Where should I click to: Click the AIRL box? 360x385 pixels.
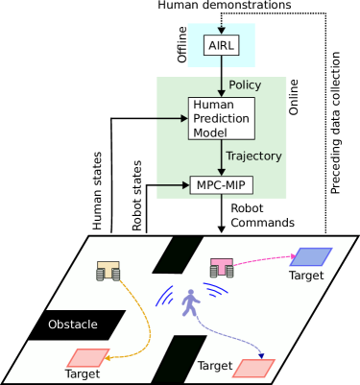click(x=221, y=45)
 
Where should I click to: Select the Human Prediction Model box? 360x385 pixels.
click(x=221, y=118)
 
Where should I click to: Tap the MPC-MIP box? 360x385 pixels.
click(x=221, y=184)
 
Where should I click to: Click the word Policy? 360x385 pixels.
click(x=245, y=85)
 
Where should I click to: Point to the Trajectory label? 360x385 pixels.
click(x=253, y=156)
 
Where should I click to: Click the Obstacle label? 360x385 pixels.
click(x=73, y=325)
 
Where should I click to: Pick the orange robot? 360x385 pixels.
click(x=108, y=271)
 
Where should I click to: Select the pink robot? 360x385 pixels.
click(x=222, y=268)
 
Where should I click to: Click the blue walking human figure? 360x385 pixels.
click(x=190, y=302)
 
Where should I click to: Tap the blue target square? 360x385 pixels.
click(x=310, y=256)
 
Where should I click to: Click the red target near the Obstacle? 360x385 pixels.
click(x=87, y=358)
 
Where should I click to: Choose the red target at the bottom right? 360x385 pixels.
click(x=254, y=368)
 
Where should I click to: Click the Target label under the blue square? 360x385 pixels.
click(x=306, y=276)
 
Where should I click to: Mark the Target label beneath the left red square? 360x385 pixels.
click(x=83, y=374)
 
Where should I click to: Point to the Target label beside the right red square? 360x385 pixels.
click(x=215, y=366)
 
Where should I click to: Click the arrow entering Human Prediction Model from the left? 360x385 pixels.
click(x=173, y=118)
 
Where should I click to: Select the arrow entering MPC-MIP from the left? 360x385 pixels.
click(x=174, y=184)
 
